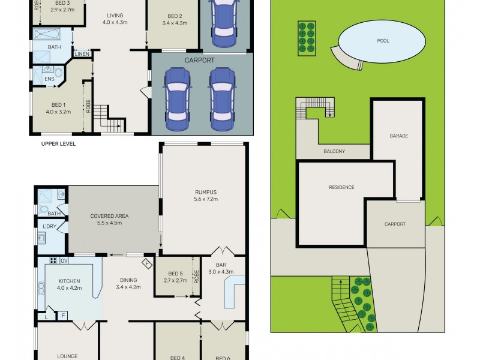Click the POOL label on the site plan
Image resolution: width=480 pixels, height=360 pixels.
[383, 41]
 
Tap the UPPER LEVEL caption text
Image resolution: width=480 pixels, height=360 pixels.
[58, 144]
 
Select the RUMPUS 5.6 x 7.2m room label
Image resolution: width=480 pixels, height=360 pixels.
[206, 196]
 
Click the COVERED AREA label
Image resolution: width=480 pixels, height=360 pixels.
[109, 220]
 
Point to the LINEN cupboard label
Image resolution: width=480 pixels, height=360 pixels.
[82, 54]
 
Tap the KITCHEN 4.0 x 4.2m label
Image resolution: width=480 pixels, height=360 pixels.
[69, 284]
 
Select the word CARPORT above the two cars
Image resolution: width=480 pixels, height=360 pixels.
[200, 61]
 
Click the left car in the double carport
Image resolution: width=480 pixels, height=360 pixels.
[177, 98]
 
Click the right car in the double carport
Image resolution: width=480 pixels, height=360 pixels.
[222, 98]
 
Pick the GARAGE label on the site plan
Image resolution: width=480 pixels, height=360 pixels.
[398, 136]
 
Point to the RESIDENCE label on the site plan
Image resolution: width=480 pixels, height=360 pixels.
[341, 187]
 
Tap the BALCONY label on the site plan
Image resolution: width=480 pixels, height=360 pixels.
[334, 151]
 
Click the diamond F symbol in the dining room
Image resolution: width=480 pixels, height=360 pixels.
[147, 263]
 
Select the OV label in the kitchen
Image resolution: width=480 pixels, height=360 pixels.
[64, 261]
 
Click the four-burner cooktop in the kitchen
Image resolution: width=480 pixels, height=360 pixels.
[53, 260]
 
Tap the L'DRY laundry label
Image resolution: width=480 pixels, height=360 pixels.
[50, 227]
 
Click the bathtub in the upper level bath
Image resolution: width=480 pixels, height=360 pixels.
[47, 34]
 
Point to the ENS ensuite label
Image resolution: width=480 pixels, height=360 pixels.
[49, 79]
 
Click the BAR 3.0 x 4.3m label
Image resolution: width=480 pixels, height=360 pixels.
[221, 268]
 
